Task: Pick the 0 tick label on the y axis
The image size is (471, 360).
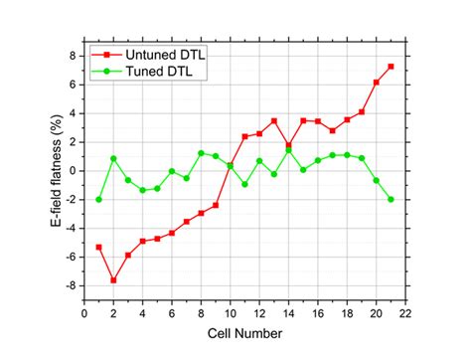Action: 72,171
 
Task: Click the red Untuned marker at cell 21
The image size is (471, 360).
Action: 391,67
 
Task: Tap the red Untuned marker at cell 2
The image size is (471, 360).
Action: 113,280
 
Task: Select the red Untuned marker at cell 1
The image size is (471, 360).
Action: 98,247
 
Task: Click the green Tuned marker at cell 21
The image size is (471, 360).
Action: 391,199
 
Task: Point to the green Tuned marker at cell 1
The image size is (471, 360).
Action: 98,199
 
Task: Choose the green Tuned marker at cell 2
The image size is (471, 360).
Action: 113,158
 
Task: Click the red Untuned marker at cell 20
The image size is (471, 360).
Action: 376,82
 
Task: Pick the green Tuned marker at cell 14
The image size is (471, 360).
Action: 288,150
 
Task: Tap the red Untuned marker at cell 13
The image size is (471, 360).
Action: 274,121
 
